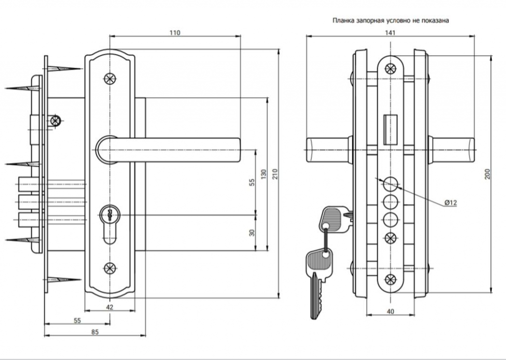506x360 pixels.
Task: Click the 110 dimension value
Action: pos(174,33)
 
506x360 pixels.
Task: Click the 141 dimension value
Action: pos(390,33)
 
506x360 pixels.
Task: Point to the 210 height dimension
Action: pos(275,174)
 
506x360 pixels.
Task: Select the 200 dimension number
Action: pos(487,174)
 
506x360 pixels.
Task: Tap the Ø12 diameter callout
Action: pos(451,202)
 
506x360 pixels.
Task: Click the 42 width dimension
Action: pos(110,307)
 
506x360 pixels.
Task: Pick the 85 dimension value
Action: pos(95,332)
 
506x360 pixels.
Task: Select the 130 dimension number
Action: pos(264,174)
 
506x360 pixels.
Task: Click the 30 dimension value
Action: pos(252,233)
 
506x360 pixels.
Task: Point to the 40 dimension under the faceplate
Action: pos(390,312)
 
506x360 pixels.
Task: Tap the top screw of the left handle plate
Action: pos(110,79)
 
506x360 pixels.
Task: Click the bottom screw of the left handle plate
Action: pos(110,268)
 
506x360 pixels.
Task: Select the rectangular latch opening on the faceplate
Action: pos(390,129)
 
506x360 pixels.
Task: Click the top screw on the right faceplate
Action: pos(390,69)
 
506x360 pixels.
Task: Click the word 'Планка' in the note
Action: pos(343,20)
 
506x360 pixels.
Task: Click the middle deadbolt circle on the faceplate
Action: pos(390,202)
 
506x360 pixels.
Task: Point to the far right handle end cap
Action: pos(471,150)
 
